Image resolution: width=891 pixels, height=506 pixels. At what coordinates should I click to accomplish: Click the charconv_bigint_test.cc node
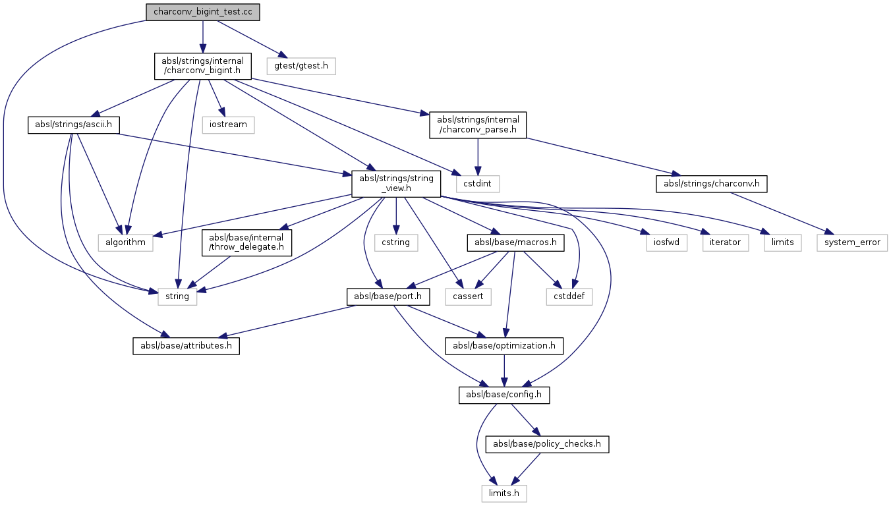click(x=202, y=12)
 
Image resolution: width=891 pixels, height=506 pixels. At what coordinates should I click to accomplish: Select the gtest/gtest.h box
click(x=301, y=66)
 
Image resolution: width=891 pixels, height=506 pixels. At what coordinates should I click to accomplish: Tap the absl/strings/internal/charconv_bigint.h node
click(x=203, y=66)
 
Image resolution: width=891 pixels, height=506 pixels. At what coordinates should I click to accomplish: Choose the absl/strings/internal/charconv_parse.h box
click(x=478, y=125)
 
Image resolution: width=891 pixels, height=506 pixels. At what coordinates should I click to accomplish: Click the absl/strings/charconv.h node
click(x=712, y=183)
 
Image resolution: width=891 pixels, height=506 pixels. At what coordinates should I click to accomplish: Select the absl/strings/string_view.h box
click(x=396, y=183)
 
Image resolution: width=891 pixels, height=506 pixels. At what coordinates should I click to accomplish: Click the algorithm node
click(x=125, y=242)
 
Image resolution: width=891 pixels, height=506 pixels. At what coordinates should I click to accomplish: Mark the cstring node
click(x=395, y=242)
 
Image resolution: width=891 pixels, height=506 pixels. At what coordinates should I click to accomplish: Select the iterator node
click(x=725, y=242)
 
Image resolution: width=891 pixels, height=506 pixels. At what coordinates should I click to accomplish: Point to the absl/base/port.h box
click(x=389, y=297)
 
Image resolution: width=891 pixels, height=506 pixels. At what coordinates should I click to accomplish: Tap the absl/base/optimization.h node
click(x=504, y=345)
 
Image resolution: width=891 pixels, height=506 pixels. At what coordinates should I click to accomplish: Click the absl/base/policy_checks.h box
click(x=547, y=444)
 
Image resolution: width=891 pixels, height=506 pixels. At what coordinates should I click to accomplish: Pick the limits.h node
click(x=503, y=492)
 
